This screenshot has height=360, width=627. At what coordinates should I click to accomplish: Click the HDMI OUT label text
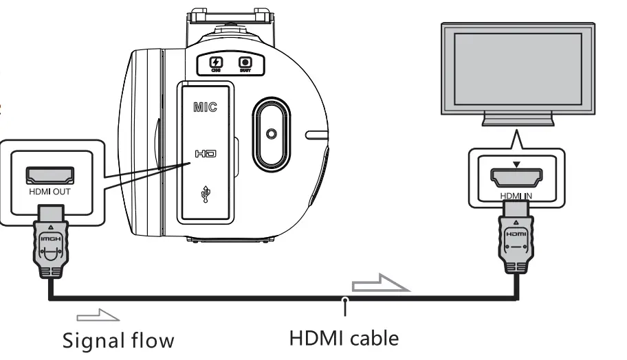[x=48, y=192]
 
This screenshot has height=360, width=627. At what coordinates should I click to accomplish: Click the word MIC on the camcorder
[x=205, y=109]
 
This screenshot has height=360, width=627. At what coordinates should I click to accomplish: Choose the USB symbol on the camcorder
[x=206, y=194]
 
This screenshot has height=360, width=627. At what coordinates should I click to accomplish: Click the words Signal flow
[x=118, y=340]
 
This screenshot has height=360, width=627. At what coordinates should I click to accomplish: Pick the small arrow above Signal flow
[x=98, y=315]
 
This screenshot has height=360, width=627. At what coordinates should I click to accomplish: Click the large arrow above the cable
[x=380, y=284]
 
